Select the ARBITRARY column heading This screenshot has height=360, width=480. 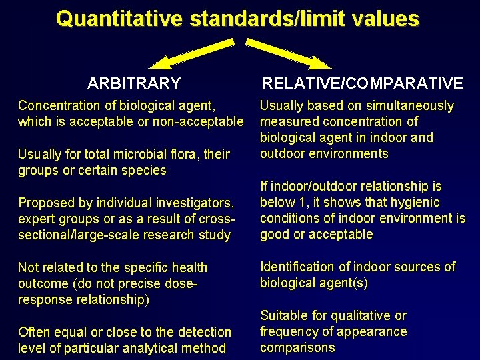pos(134,83)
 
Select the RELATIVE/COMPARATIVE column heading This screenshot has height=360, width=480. pos(362,83)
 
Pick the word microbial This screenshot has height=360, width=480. pos(133,154)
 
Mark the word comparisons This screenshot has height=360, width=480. pos(297,347)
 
